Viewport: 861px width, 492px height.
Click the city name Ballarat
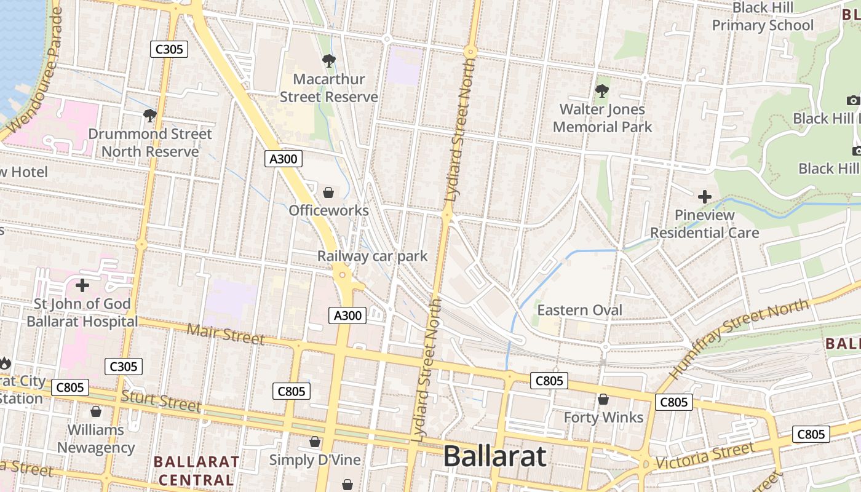(494, 456)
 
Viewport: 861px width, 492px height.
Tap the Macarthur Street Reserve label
(329, 88)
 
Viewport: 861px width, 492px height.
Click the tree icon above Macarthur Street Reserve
(329, 61)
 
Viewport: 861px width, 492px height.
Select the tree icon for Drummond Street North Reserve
(149, 115)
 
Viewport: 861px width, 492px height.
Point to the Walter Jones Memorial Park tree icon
(602, 92)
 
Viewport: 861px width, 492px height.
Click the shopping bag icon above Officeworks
(328, 192)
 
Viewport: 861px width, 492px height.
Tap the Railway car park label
(372, 256)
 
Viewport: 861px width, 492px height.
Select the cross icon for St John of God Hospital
(82, 285)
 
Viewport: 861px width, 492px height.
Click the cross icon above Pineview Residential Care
(705, 197)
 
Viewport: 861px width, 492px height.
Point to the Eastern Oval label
(580, 310)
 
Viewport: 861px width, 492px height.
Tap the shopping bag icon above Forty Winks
(603, 400)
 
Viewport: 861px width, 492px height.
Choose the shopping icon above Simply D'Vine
(315, 442)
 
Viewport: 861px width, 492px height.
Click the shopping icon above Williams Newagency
(96, 411)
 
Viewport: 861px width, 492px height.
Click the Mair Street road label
(226, 334)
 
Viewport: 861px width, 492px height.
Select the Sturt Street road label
(161, 400)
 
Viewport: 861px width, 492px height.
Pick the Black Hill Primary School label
(763, 17)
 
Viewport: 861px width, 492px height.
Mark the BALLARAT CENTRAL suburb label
(196, 470)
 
